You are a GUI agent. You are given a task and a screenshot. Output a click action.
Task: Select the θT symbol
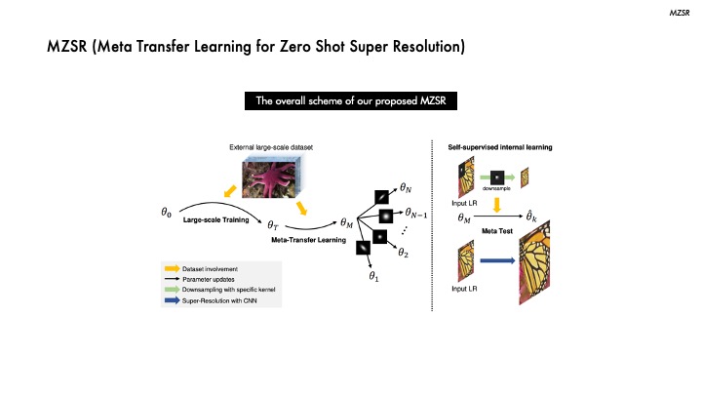(x=276, y=225)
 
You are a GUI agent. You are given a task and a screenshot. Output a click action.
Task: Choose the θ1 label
(x=373, y=276)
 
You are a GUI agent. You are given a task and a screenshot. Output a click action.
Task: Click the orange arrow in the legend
(x=170, y=265)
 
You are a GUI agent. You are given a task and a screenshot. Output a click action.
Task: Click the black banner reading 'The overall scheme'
(x=350, y=100)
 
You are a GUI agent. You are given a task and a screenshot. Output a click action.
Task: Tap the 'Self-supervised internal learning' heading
(x=500, y=147)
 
